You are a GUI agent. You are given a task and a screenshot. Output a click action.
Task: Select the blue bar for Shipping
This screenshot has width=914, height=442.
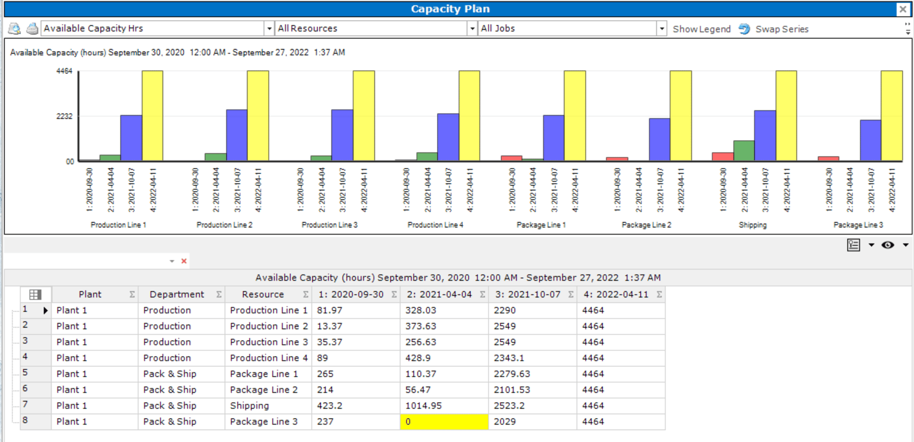click(x=765, y=136)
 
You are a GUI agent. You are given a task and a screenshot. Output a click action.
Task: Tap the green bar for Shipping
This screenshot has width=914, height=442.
click(x=744, y=151)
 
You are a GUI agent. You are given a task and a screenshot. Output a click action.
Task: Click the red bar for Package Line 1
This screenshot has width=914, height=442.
click(x=511, y=158)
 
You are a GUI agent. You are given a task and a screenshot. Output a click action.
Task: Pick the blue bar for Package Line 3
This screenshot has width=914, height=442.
click(x=871, y=140)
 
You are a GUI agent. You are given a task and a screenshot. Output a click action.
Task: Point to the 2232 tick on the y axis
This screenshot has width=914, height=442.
click(x=64, y=116)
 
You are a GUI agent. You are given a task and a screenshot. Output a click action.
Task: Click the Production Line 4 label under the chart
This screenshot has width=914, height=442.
click(x=435, y=225)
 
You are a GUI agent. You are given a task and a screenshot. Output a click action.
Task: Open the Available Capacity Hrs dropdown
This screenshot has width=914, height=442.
click(x=269, y=29)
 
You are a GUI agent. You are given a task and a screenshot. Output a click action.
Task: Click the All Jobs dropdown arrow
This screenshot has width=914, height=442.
click(x=661, y=29)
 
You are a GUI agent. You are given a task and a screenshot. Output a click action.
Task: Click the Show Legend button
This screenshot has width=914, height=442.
click(x=701, y=29)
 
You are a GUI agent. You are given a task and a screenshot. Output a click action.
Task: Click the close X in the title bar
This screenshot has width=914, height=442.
click(x=902, y=9)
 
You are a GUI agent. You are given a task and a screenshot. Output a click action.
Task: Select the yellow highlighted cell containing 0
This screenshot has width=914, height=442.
click(x=444, y=421)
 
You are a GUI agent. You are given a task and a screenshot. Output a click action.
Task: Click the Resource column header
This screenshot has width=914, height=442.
click(x=263, y=295)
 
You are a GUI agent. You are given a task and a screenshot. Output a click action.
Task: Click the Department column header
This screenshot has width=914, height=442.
click(x=177, y=295)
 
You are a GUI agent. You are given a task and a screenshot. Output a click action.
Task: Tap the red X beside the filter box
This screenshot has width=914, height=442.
click(x=184, y=261)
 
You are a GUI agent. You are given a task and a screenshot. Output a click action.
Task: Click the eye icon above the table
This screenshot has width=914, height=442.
click(x=887, y=245)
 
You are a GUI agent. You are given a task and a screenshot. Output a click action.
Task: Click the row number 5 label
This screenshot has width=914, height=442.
click(x=25, y=373)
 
